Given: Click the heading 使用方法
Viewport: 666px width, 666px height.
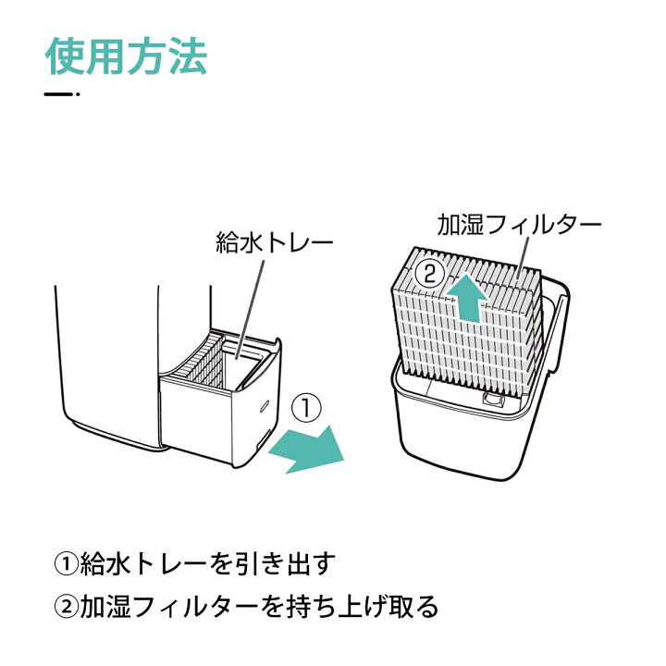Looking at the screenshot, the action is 126,57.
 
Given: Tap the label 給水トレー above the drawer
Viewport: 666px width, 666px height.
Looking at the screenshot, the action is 275,243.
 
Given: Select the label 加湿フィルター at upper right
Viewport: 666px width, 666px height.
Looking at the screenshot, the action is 519,224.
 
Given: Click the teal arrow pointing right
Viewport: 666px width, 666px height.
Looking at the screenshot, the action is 306,450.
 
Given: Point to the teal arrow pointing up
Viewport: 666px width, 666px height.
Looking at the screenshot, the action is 467,297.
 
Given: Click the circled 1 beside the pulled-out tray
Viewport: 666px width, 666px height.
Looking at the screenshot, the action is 307,408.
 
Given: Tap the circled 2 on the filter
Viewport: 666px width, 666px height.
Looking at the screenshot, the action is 430,275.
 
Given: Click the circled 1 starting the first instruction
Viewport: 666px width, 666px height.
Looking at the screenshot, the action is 66,563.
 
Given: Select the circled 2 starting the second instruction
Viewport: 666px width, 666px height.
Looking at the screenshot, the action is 66,606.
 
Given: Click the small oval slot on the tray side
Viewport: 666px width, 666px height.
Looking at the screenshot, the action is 265,405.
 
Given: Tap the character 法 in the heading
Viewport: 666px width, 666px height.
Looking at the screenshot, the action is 187,57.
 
